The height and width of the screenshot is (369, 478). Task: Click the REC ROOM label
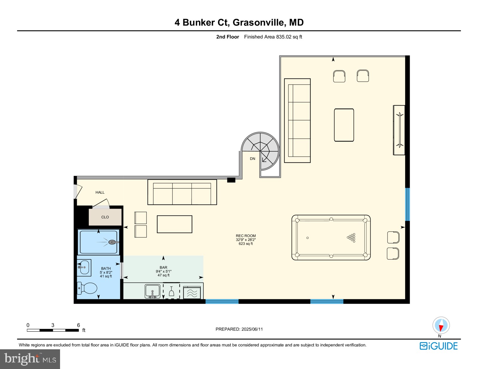(x=246, y=236)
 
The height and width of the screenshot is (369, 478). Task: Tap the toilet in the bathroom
(x=88, y=288)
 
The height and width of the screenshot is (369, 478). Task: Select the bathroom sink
(x=84, y=267)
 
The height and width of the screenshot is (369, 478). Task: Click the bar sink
(x=152, y=291)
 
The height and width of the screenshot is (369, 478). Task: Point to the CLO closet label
(x=105, y=217)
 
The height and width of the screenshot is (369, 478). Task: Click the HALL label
(x=100, y=192)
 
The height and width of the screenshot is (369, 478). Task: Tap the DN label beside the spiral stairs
(x=252, y=159)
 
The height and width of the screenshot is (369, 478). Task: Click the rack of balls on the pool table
(x=352, y=238)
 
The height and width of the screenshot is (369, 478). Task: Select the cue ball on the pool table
(x=307, y=238)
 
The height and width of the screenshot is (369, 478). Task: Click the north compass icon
(x=441, y=325)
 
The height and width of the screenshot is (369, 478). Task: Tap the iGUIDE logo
(x=439, y=346)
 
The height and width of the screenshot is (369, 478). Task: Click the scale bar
(x=53, y=330)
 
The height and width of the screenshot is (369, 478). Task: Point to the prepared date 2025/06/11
(x=239, y=329)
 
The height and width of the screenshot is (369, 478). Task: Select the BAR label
(x=163, y=267)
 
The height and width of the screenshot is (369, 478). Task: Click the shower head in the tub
(x=113, y=242)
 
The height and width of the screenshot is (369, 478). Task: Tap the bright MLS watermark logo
(x=30, y=359)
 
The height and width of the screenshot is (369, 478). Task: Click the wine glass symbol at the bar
(x=171, y=291)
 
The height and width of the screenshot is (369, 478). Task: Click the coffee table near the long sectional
(x=344, y=125)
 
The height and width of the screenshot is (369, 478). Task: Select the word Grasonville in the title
(x=258, y=22)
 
